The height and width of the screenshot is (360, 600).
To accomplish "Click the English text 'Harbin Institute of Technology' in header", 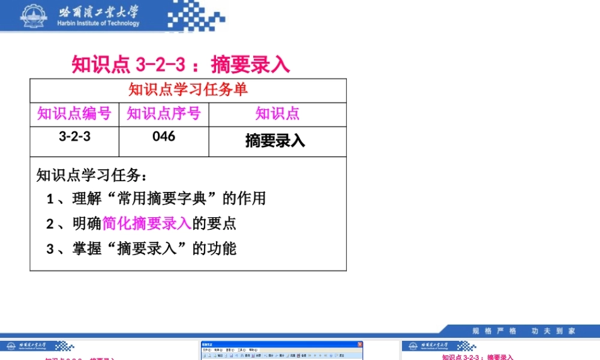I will pyautogui.click(x=98, y=24).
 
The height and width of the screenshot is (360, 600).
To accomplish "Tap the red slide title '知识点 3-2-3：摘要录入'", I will pyautogui.click(x=181, y=64).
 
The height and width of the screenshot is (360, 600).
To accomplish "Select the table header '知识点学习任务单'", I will pyautogui.click(x=188, y=90).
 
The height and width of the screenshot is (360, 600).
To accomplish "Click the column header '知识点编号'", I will pyautogui.click(x=74, y=113).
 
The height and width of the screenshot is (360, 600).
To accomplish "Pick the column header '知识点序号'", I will pyautogui.click(x=163, y=113).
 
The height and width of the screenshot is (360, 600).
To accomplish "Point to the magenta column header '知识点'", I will pyautogui.click(x=277, y=113).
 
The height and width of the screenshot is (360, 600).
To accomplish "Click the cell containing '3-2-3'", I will pyautogui.click(x=74, y=137).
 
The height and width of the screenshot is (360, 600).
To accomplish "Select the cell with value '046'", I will pyautogui.click(x=163, y=137).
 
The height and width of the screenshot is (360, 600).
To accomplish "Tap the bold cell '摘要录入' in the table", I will pyautogui.click(x=275, y=140).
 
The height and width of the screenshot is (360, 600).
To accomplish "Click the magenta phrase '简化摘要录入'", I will pyautogui.click(x=147, y=224).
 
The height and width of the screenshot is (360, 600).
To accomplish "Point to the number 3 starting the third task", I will pyautogui.click(x=50, y=249).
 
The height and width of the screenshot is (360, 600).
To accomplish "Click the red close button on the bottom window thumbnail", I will pyautogui.click(x=360, y=344).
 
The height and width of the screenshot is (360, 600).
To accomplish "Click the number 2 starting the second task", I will pyautogui.click(x=50, y=224).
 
